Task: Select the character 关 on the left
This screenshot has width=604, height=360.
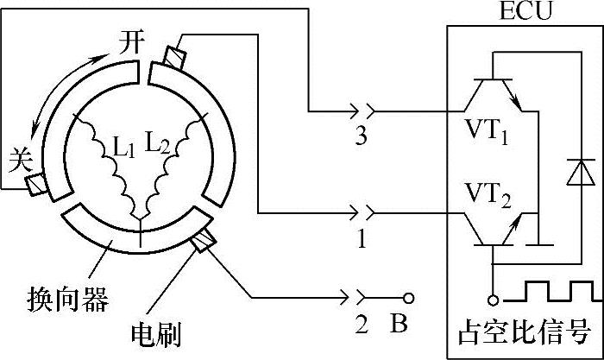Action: click(18, 158)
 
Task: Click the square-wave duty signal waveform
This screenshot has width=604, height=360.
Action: click(551, 289)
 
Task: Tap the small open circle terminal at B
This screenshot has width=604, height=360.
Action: click(409, 298)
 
